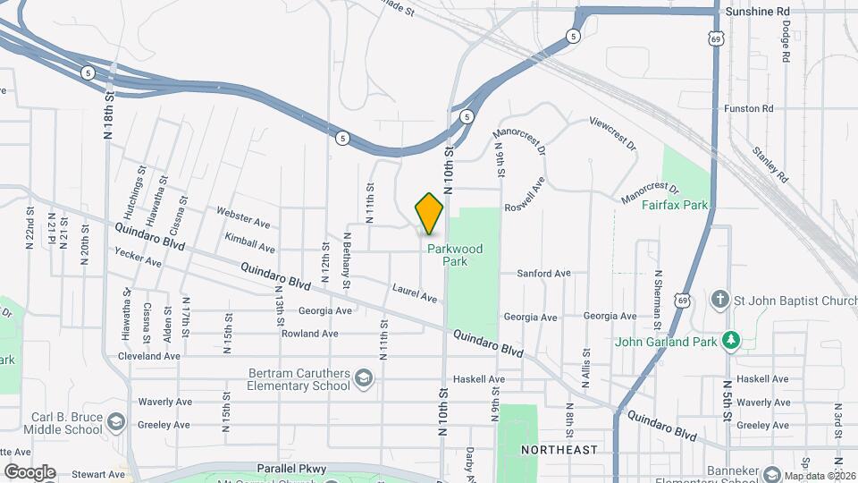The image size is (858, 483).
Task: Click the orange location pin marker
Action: [x=429, y=214]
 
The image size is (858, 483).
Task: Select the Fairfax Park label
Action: [x=675, y=205]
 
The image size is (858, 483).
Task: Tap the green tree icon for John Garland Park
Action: [x=731, y=340]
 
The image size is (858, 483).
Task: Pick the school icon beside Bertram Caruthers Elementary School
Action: [x=364, y=379]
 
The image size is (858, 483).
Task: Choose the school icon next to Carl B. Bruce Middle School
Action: [x=116, y=421]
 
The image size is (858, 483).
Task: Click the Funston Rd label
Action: [x=748, y=108]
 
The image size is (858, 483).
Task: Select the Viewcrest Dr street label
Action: [x=613, y=132]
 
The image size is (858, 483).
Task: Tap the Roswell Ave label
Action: [x=525, y=197]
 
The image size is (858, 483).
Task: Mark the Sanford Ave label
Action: [x=548, y=273]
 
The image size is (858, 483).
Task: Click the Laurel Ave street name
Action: [x=415, y=292]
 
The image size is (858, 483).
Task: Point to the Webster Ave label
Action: [x=243, y=216]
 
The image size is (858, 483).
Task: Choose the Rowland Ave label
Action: [x=310, y=334]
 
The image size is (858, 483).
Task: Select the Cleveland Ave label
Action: [x=148, y=356]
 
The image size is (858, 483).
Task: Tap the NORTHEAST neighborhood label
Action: [x=559, y=450]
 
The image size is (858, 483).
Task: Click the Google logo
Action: [x=29, y=472]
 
